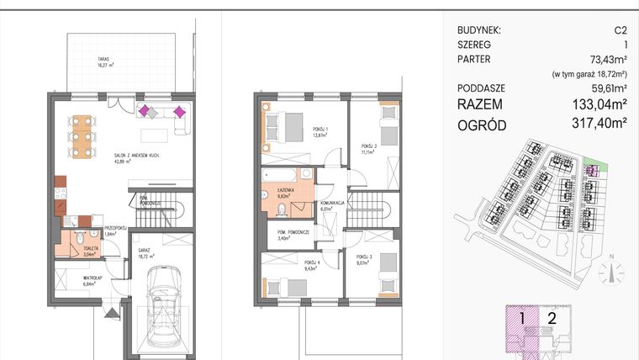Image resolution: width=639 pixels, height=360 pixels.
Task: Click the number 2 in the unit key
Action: pyautogui.click(x=552, y=319)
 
